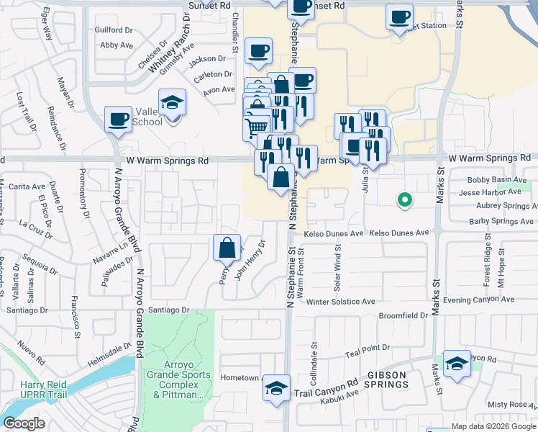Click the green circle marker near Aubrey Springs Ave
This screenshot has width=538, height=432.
click(405, 200)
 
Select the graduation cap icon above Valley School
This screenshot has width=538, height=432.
click(173, 102)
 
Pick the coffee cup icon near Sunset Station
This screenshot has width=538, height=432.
click(399, 17)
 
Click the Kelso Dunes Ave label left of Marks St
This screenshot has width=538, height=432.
click(399, 233)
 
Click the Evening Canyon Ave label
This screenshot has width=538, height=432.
click(479, 300)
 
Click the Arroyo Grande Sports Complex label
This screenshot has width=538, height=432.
click(179, 380)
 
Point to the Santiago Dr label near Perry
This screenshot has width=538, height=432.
click(167, 310)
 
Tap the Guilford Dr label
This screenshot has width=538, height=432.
click(114, 30)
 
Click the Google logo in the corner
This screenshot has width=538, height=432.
click(24, 423)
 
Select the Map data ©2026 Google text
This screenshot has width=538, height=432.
click(493, 427)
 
